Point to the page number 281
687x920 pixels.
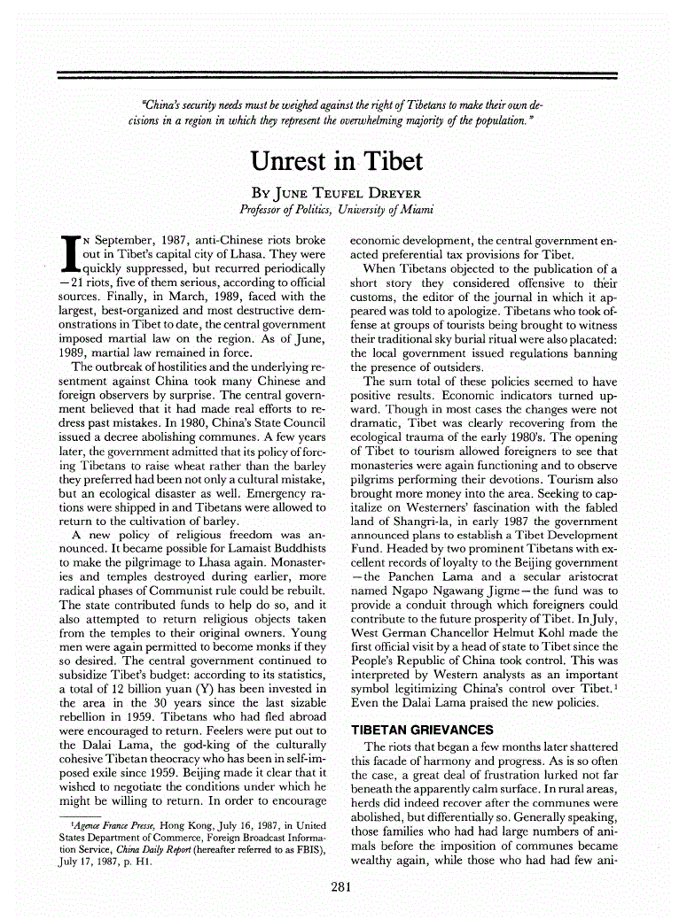click(342, 886)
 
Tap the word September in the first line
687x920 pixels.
click(124, 240)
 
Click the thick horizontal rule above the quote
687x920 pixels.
click(337, 75)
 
